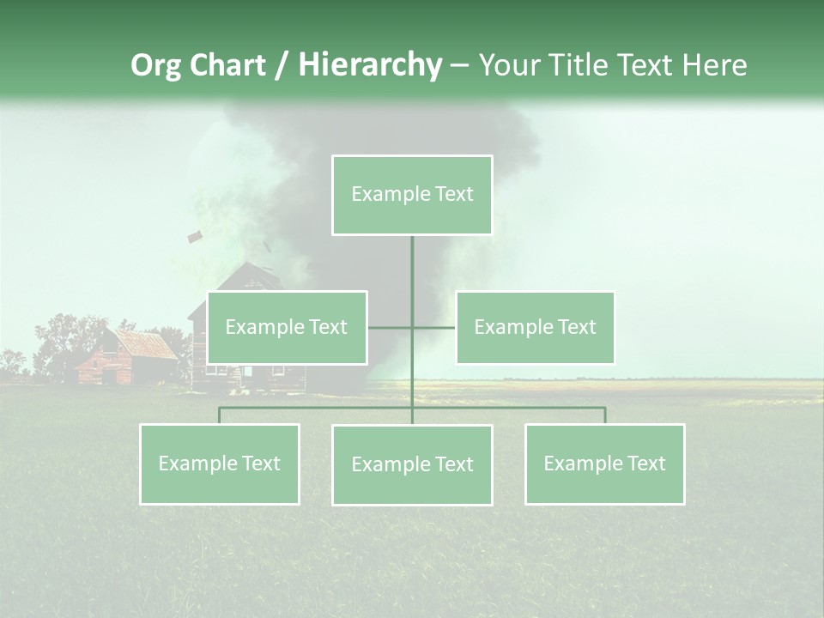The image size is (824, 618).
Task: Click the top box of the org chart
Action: point(412,195)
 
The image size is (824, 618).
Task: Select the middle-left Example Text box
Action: point(287,327)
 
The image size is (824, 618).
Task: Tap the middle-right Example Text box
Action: point(535,327)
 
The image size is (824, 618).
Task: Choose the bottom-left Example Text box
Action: point(219,463)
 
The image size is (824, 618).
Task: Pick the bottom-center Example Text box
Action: point(412,464)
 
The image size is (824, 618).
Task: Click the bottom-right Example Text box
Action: point(604,463)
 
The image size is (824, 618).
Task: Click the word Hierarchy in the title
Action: point(369,64)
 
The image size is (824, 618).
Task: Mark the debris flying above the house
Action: point(194,236)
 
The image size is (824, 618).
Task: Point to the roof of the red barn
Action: point(146,343)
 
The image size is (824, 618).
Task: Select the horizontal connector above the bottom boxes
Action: point(318,409)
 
